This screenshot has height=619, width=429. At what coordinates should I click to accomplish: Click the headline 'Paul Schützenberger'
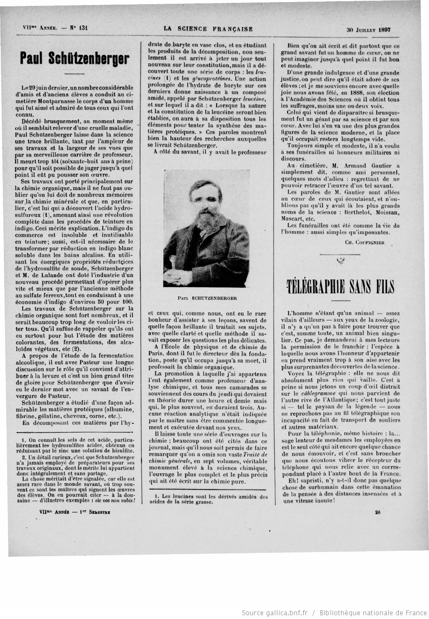tap(74, 59)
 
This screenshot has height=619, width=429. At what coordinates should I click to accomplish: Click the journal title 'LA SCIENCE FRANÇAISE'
tap(208, 29)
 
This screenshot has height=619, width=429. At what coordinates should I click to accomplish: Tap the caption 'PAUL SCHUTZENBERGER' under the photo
tap(207, 299)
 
